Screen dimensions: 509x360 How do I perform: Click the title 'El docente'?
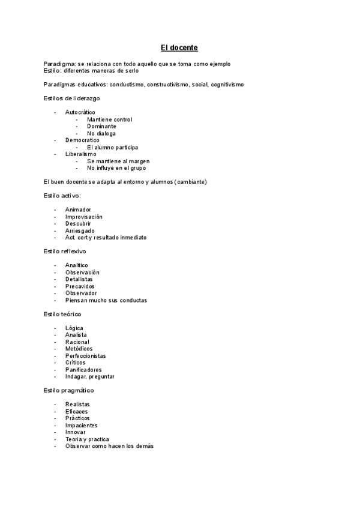point(179,47)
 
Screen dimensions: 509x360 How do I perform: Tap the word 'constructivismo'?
point(167,85)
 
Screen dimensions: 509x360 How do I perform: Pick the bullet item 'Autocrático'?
point(80,113)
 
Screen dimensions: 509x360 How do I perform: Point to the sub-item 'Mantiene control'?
point(109,119)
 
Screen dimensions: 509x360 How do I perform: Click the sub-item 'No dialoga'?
point(101,133)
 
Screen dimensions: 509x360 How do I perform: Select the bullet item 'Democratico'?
point(82,140)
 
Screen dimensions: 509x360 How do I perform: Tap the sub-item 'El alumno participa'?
point(112,147)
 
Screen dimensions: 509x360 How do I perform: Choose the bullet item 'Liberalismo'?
point(80,154)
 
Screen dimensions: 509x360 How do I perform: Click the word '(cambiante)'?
point(191,182)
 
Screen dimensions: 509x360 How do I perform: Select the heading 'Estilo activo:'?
point(62,196)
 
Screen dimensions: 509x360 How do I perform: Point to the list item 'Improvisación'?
point(84,217)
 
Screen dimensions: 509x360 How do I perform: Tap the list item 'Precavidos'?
point(80,286)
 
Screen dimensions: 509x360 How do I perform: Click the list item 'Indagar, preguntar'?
point(89,377)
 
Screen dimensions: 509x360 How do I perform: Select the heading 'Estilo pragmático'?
point(68,391)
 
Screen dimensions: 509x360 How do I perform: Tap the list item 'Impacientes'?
point(81,426)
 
